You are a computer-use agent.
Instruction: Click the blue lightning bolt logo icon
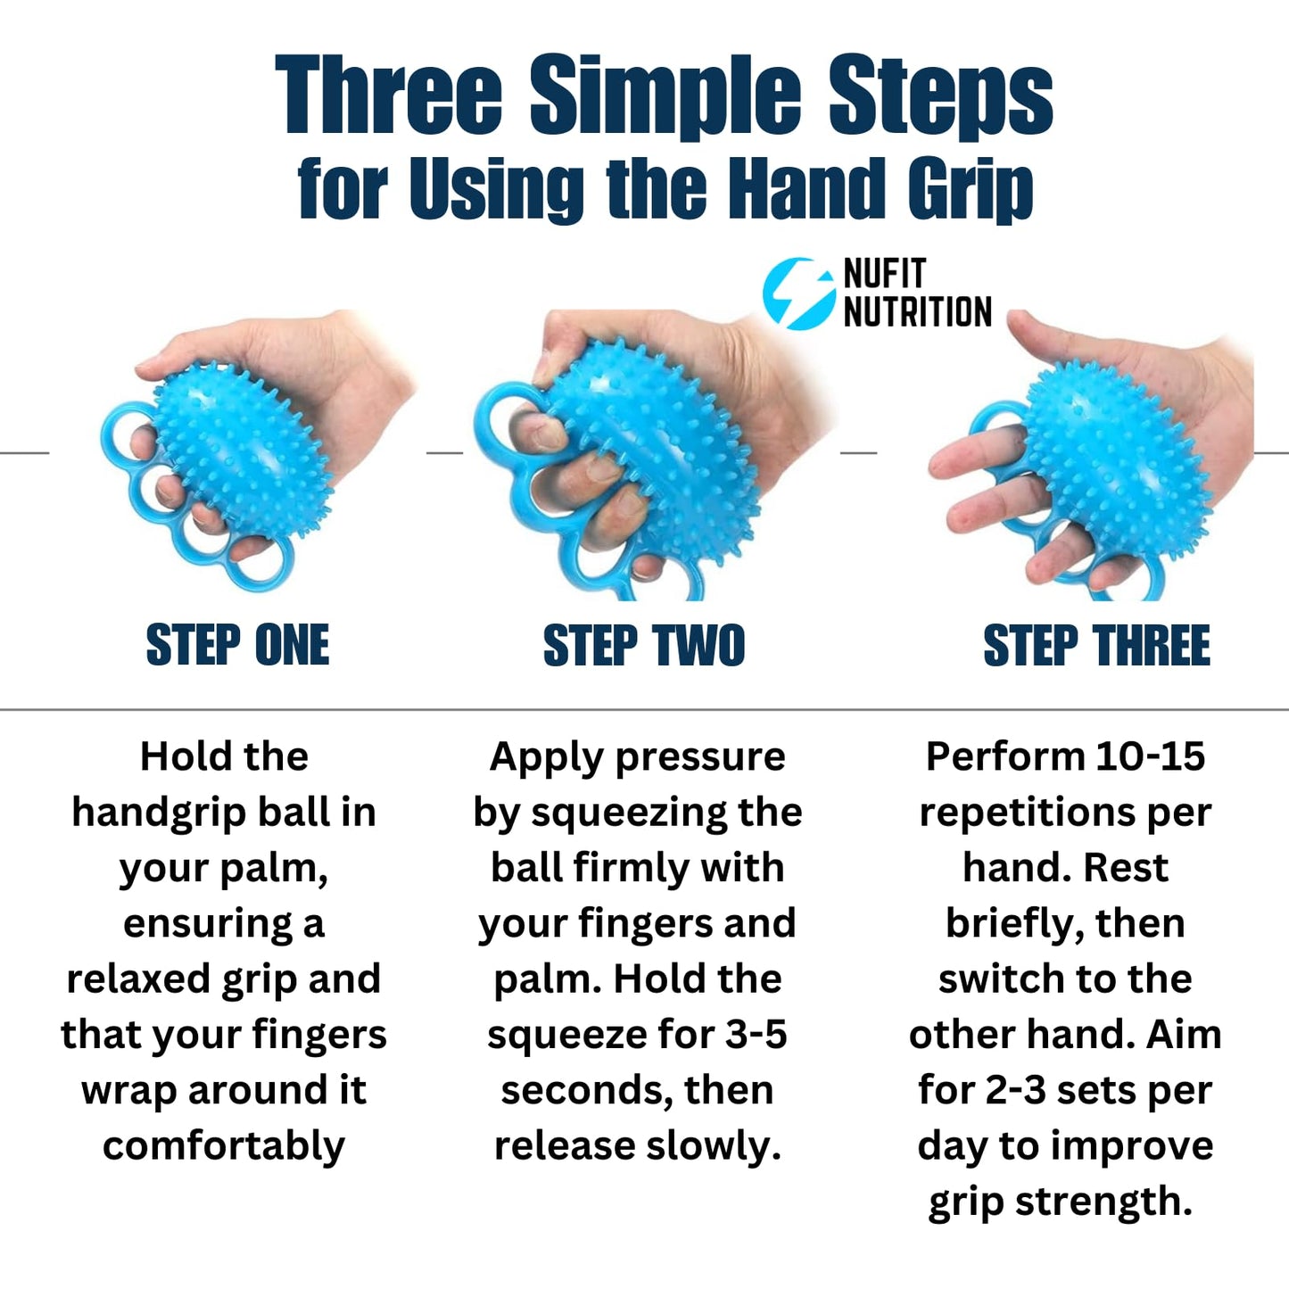[797, 293]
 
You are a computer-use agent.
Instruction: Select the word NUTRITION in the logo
[917, 312]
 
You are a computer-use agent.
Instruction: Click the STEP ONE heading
[237, 645]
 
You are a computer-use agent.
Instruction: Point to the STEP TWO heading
[643, 645]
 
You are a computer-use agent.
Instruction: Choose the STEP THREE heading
[1096, 645]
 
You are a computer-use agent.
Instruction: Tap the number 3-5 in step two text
[756, 1035]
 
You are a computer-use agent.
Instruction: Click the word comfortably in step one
[224, 1146]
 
